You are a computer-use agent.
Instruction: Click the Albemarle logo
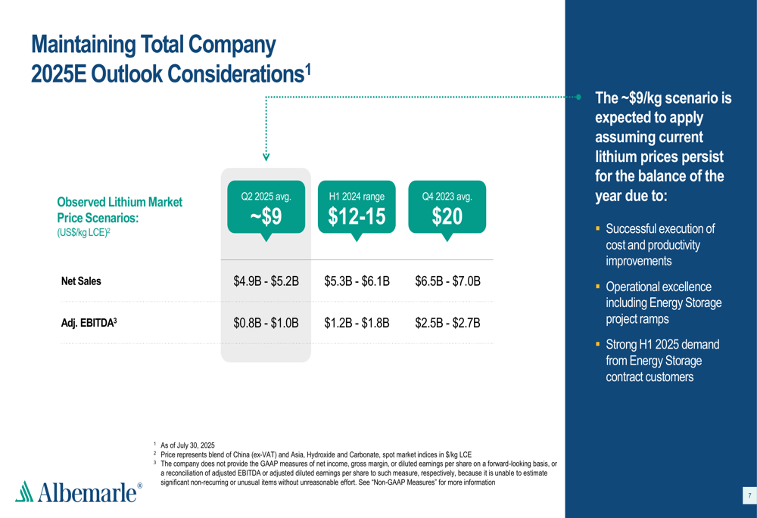pyautogui.click(x=79, y=492)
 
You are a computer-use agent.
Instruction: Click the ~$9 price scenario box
pyautogui.click(x=266, y=207)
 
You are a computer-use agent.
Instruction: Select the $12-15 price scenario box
pyautogui.click(x=357, y=207)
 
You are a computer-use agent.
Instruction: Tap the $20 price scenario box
pyautogui.click(x=447, y=207)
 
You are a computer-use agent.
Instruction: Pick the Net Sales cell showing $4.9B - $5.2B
pyautogui.click(x=266, y=281)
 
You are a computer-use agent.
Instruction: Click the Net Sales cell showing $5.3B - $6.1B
pyautogui.click(x=357, y=281)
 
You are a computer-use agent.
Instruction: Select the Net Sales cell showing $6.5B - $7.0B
pyautogui.click(x=447, y=281)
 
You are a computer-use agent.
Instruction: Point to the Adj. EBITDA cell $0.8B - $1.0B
pyautogui.click(x=266, y=323)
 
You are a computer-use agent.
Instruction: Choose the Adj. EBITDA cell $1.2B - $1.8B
pyautogui.click(x=357, y=323)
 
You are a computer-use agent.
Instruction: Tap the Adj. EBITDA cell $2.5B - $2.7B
pyautogui.click(x=447, y=323)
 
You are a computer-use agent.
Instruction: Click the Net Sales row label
pyautogui.click(x=81, y=281)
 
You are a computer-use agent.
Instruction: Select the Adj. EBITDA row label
pyautogui.click(x=89, y=323)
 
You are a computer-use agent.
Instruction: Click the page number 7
pyautogui.click(x=749, y=496)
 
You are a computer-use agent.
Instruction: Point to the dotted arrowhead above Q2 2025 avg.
pyautogui.click(x=266, y=157)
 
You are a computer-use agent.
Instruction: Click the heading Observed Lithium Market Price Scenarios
pyautogui.click(x=120, y=209)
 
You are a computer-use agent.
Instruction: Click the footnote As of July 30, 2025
pyautogui.click(x=188, y=445)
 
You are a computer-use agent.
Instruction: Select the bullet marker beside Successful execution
pyautogui.click(x=597, y=228)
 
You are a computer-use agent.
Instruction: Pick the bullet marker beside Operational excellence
pyautogui.click(x=597, y=287)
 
